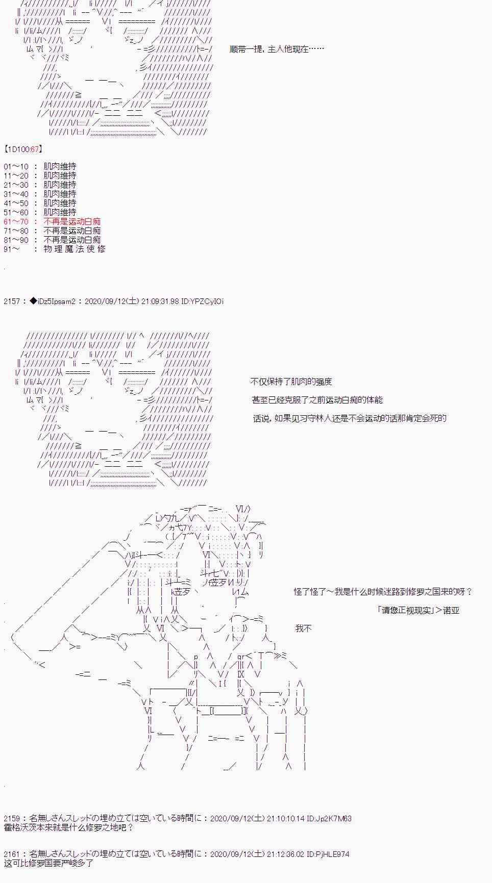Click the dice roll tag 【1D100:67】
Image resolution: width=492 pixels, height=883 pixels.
(23, 149)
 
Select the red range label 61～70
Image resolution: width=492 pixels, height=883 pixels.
(16, 221)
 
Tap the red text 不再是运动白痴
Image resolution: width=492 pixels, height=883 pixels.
(72, 221)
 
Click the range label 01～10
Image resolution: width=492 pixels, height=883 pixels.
(16, 166)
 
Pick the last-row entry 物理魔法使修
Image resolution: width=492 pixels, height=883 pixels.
(75, 249)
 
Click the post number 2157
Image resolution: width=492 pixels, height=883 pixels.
(12, 301)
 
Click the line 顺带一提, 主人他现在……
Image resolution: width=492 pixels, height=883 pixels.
(277, 49)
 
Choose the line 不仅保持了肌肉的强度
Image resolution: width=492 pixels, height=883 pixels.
(291, 382)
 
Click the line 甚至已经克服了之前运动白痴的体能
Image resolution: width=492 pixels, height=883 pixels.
(317, 400)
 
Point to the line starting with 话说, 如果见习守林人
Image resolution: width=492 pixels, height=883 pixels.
(350, 418)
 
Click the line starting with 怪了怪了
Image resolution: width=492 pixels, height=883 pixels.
(383, 592)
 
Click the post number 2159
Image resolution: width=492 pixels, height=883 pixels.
(12, 818)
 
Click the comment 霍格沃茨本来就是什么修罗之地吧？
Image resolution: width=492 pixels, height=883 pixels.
(68, 827)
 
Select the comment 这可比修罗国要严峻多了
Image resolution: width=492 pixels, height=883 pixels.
(48, 863)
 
